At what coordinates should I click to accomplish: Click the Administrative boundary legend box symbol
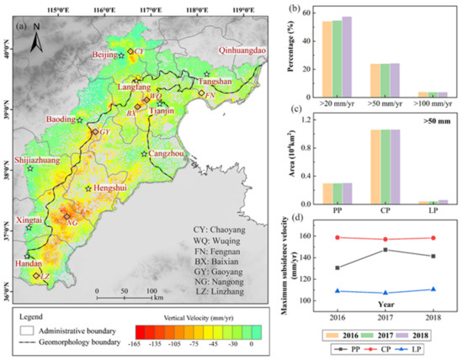(27, 320)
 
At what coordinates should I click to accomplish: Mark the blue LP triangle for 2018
(433, 289)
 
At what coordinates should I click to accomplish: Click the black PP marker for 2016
(338, 267)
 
